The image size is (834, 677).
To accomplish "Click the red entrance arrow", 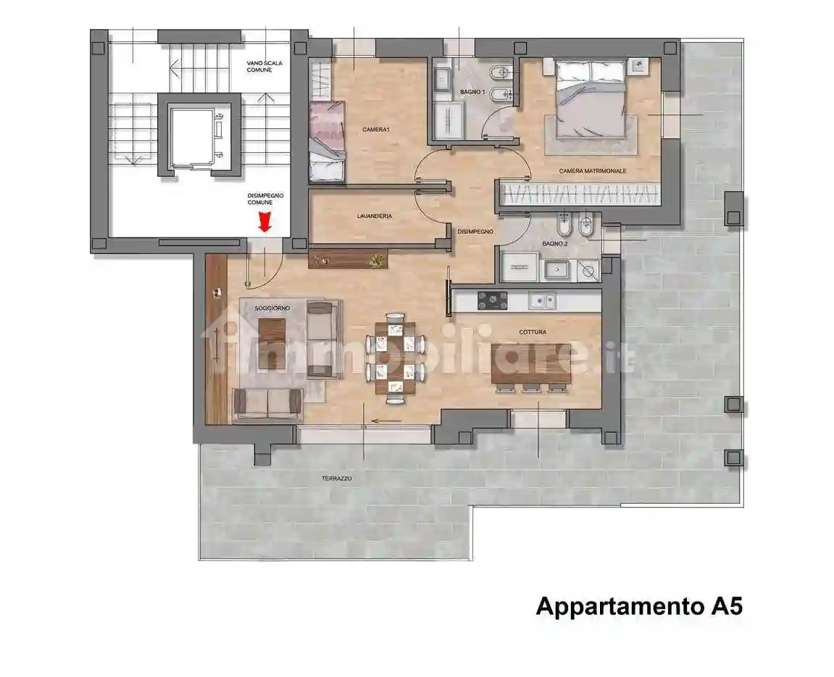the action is click(x=265, y=222).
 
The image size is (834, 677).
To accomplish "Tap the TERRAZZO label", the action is click(x=337, y=479).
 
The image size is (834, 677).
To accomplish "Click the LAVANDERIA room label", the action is click(x=375, y=216).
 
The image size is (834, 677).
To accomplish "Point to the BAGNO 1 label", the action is click(x=472, y=92).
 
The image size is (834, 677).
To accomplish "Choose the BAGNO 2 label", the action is click(x=555, y=243).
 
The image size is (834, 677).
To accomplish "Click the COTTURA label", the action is click(x=533, y=332).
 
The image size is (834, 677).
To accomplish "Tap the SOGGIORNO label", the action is click(x=272, y=308).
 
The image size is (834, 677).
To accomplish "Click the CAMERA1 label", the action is click(x=376, y=130).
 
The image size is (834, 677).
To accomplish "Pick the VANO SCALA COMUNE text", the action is click(x=264, y=67).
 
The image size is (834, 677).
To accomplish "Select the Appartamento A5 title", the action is click(x=639, y=606).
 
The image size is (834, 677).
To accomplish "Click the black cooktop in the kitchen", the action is click(x=492, y=300).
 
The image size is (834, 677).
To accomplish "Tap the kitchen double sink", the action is click(x=542, y=301).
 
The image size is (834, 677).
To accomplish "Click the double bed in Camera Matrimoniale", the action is click(x=590, y=99).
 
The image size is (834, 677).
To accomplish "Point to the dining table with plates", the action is click(x=395, y=358).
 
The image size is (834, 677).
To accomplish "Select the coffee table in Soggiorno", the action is click(x=272, y=344).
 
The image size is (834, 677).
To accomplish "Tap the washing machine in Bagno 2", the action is click(x=588, y=271).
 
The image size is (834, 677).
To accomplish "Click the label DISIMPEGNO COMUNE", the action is click(x=265, y=198).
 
